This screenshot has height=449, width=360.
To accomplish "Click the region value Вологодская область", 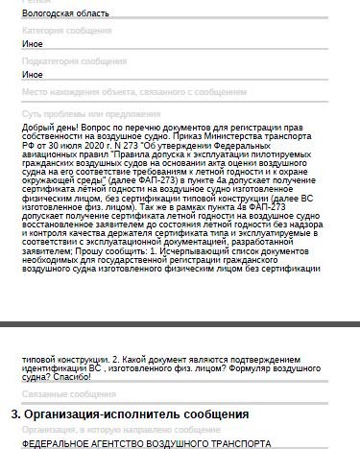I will click(65, 15).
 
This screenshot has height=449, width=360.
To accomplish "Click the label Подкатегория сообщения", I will click(73, 60).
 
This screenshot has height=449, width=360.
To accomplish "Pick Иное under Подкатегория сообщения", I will click(33, 74).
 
